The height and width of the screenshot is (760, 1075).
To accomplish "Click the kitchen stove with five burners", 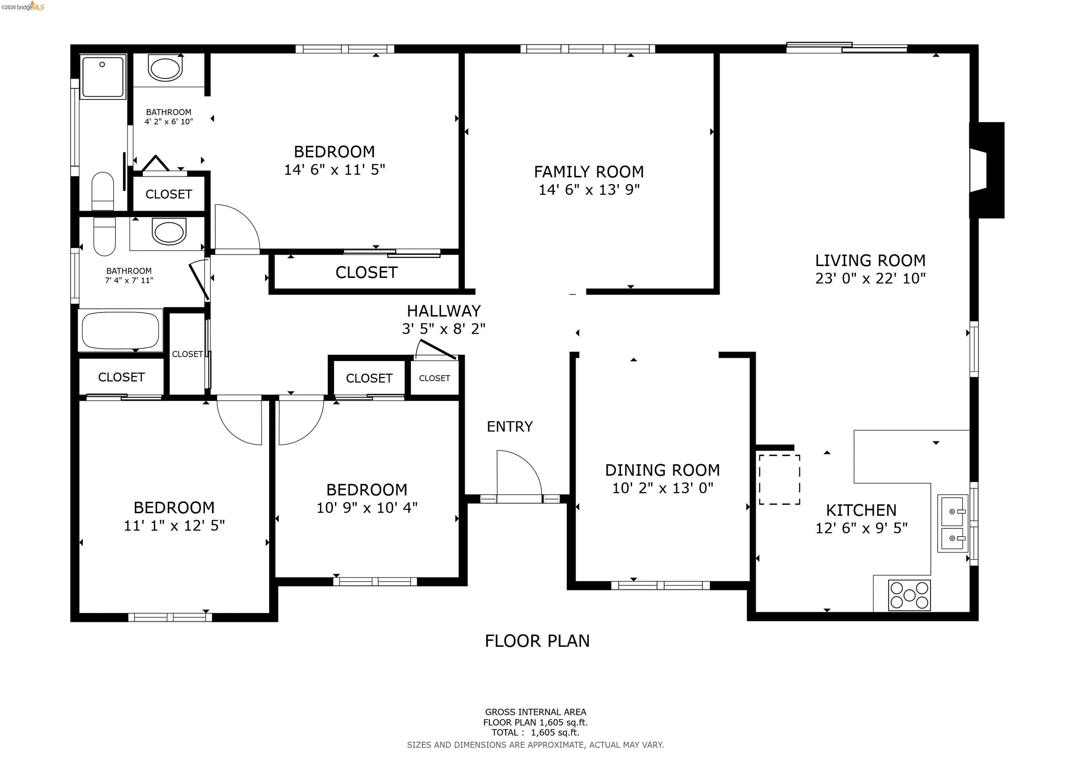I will tap(909, 595).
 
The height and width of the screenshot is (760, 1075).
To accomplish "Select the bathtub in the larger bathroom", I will tap(120, 330).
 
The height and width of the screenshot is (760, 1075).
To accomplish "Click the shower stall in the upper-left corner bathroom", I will tap(103, 76).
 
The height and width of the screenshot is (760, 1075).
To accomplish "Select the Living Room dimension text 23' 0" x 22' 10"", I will tap(870, 278).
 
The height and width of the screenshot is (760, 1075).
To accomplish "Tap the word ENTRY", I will tap(510, 426).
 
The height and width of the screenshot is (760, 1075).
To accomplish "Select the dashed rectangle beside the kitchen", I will tap(779, 480).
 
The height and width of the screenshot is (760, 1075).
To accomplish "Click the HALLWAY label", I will tap(443, 311).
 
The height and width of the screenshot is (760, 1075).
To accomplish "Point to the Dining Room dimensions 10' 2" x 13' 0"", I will tap(663, 488).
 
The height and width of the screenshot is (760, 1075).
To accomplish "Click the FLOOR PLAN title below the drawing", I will tap(537, 641).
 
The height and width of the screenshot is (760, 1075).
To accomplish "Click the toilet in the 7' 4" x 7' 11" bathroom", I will tap(104, 236).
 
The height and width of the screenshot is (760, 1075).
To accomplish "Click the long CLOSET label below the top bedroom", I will tap(366, 272).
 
